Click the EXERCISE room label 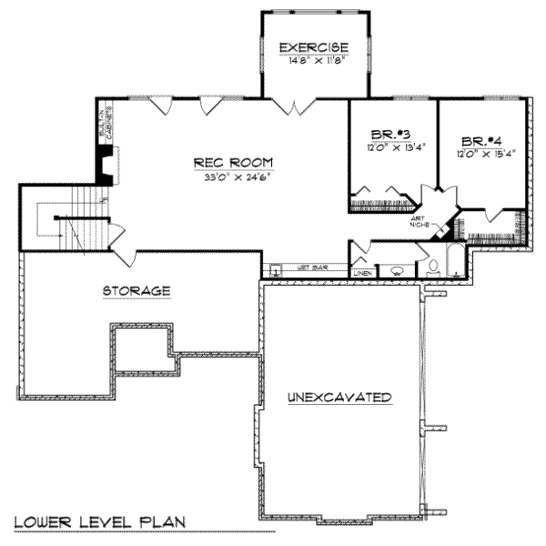313,47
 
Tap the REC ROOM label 233,163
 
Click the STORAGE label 136,291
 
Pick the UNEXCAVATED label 339,398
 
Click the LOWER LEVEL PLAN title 100,522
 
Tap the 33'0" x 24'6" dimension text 233,177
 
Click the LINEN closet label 362,272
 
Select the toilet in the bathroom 433,268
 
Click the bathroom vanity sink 398,270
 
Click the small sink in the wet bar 274,270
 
